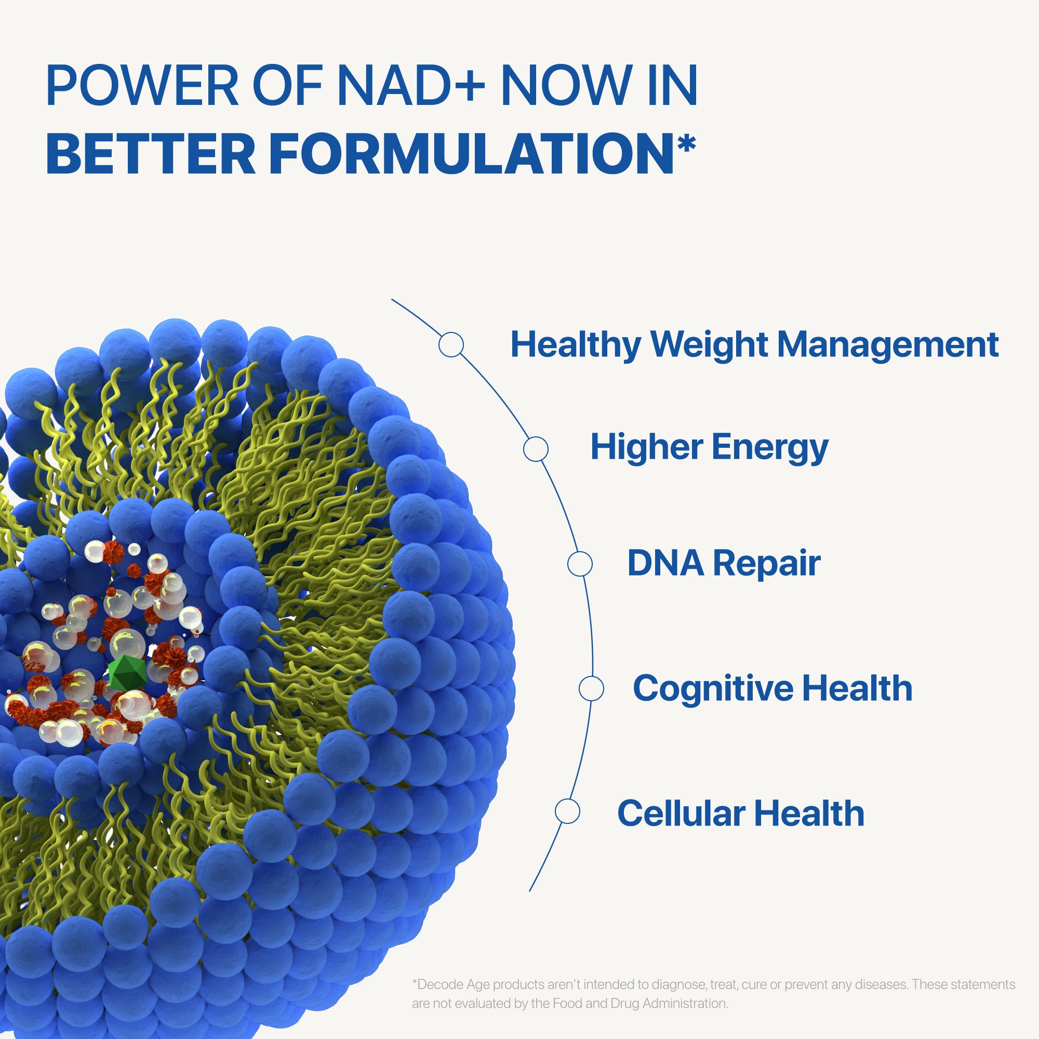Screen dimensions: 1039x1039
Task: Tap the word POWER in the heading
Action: [142, 85]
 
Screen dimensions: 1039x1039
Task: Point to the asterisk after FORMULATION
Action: [686, 144]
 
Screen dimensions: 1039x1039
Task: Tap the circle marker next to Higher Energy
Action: [536, 448]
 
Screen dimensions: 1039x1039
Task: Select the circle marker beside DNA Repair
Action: [580, 564]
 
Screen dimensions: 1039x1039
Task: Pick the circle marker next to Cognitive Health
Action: [591, 688]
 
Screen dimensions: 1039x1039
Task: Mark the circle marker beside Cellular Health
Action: [567, 811]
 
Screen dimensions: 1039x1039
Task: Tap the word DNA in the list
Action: [666, 563]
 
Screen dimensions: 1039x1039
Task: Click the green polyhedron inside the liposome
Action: [127, 672]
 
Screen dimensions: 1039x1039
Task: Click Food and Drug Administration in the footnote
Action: [640, 1003]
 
